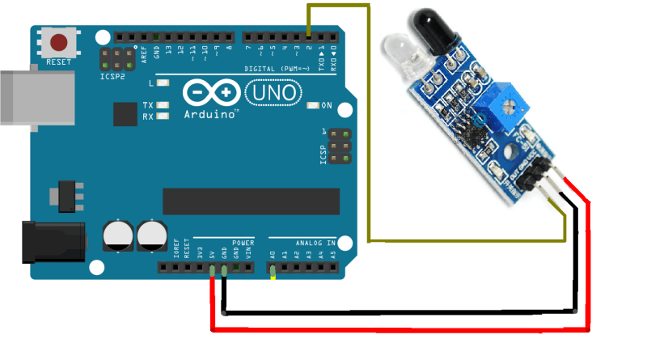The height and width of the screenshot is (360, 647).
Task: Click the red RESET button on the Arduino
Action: coord(59,42)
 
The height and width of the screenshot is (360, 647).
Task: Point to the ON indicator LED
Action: coord(314,105)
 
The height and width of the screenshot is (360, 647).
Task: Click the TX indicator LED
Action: coord(164,105)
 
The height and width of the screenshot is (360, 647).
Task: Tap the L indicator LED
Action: coord(164,83)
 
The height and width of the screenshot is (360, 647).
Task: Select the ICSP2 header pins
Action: coord(117,58)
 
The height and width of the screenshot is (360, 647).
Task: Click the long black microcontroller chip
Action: coord(251,201)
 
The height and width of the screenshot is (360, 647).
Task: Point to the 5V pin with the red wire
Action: coord(212,267)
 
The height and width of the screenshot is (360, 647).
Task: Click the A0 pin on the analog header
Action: coord(273,267)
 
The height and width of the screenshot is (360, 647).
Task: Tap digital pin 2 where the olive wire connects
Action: coord(309,36)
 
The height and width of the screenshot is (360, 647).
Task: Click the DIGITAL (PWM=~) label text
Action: coord(279,69)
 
